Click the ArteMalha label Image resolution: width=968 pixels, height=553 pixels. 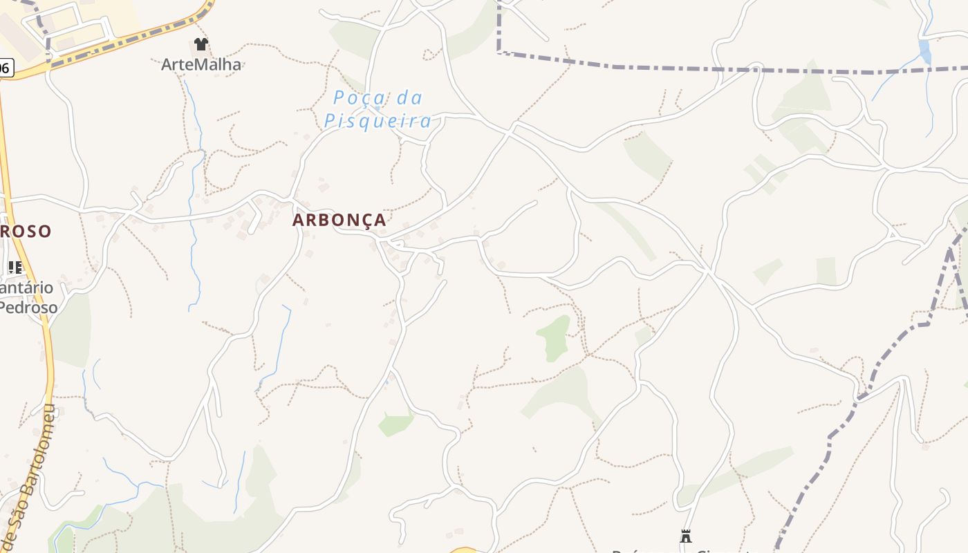pyautogui.click(x=201, y=64)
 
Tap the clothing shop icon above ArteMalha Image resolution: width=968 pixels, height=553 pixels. pyautogui.click(x=201, y=44)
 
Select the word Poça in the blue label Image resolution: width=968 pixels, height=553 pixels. pyautogui.click(x=359, y=98)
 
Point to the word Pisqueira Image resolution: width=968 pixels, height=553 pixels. pyautogui.click(x=378, y=122)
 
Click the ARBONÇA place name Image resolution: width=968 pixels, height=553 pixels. pyautogui.click(x=339, y=220)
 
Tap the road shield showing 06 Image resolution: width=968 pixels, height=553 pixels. pyautogui.click(x=5, y=67)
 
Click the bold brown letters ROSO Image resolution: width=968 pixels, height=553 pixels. pyautogui.click(x=26, y=231)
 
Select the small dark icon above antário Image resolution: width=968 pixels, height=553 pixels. pyautogui.click(x=15, y=267)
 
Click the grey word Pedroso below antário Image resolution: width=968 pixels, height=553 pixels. pyautogui.click(x=29, y=307)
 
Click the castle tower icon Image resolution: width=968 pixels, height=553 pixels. pyautogui.click(x=685, y=536)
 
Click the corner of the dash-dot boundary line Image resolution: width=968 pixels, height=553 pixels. pyautogui.click(x=499, y=53)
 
